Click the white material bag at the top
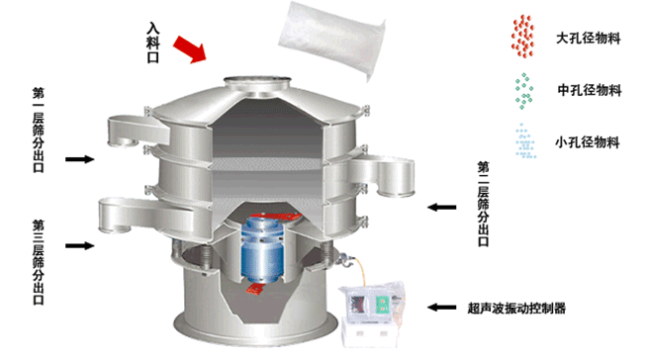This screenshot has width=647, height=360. tap(331, 38)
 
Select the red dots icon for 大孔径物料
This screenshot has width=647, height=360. tap(522, 35)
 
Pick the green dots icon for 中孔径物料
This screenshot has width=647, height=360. tap(522, 90)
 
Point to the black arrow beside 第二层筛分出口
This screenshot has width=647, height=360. tap(442, 207)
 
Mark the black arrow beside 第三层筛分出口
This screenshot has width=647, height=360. tap(80, 242)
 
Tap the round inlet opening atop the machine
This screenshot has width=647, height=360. tap(256, 79)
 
